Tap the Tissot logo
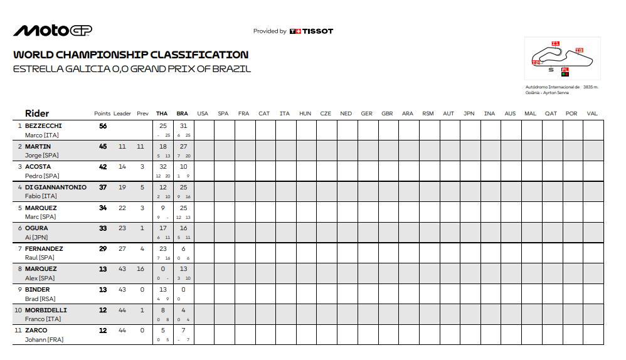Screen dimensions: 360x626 click(x=311, y=31)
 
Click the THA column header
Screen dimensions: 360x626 click(x=162, y=114)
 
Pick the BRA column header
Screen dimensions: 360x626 click(x=183, y=114)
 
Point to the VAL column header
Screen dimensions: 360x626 click(x=592, y=114)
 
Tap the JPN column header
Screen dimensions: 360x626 click(x=469, y=114)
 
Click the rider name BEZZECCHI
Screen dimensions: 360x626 click(x=43, y=126)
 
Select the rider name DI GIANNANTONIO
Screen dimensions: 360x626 click(x=56, y=188)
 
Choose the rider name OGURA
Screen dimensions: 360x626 click(x=36, y=228)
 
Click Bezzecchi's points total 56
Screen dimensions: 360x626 click(x=103, y=126)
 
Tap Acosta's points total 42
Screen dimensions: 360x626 click(x=103, y=167)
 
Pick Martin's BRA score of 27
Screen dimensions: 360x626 click(x=183, y=147)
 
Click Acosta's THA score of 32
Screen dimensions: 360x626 click(x=163, y=167)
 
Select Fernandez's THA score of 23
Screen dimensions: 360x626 click(x=163, y=249)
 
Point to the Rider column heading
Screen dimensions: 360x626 click(x=36, y=114)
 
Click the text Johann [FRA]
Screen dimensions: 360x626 click(x=44, y=340)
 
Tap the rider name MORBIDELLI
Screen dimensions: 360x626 click(x=46, y=310)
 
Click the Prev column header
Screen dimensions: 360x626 click(x=142, y=114)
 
